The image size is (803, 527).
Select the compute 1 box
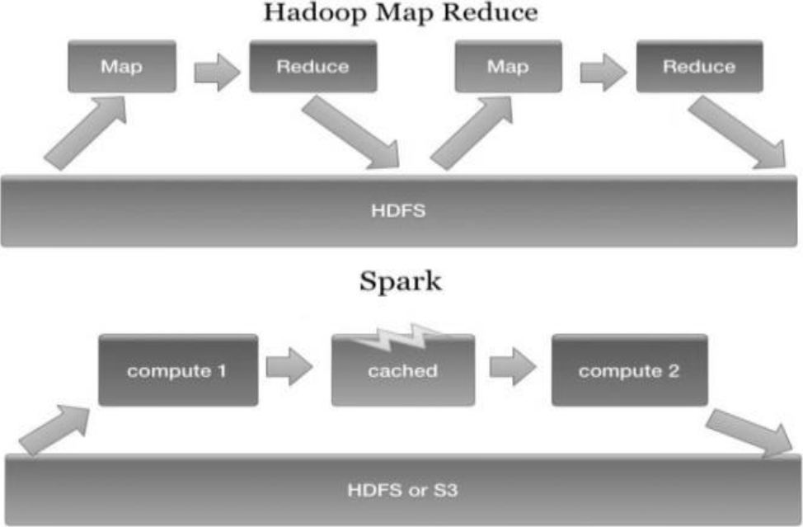pyautogui.click(x=176, y=370)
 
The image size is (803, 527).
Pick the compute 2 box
pyautogui.click(x=629, y=370)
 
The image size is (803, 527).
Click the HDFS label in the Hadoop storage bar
pyautogui.click(x=401, y=210)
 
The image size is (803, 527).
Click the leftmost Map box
pyautogui.click(x=121, y=67)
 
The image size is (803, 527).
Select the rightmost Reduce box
pyautogui.click(x=698, y=67)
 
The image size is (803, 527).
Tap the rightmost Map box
pyautogui.click(x=508, y=67)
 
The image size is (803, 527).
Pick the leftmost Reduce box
pyautogui.click(x=312, y=67)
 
